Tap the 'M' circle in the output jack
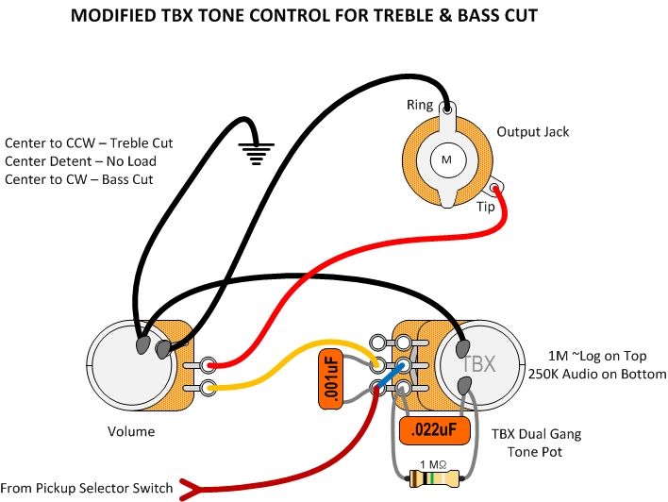pos(446,161)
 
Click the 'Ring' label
pos(420,104)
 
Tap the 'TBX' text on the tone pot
pos(477,361)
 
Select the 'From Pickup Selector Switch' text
pos(89,488)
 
